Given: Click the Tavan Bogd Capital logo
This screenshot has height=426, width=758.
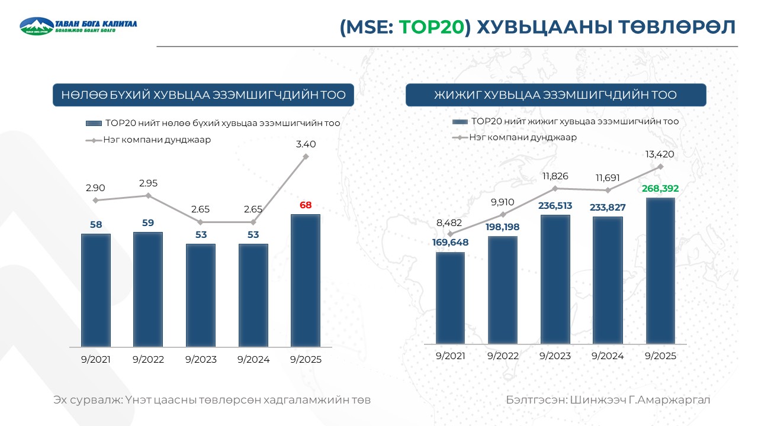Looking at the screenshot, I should click(78, 25).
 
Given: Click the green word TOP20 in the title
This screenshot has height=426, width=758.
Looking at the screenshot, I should click(431, 27).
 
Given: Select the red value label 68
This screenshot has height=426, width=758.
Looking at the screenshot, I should click(306, 205).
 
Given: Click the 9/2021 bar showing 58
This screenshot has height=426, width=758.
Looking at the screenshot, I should click(96, 290).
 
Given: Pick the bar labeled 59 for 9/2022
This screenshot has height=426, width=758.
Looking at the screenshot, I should click(148, 289).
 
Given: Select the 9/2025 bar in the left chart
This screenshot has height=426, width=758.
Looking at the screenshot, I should click(306, 280).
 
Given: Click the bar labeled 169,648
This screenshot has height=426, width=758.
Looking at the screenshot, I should click(450, 298).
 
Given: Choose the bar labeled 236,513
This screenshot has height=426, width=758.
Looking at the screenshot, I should click(555, 279).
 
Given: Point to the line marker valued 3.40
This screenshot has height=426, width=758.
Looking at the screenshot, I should click(306, 157).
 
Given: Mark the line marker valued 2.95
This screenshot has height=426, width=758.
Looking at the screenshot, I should click(148, 196).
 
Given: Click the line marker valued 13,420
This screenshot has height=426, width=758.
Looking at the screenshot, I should click(660, 167).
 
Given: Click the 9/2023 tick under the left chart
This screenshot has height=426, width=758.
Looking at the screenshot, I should click(201, 360).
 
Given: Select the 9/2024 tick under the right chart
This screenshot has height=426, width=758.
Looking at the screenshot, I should click(607, 356).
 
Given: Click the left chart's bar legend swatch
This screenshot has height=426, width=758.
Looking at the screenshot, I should click(94, 124).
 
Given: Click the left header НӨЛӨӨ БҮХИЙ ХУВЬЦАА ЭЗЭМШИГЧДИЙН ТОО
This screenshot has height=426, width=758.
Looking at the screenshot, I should click(203, 95).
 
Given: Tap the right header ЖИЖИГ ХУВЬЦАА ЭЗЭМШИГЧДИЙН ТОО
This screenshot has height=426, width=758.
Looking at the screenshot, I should click(555, 95).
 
